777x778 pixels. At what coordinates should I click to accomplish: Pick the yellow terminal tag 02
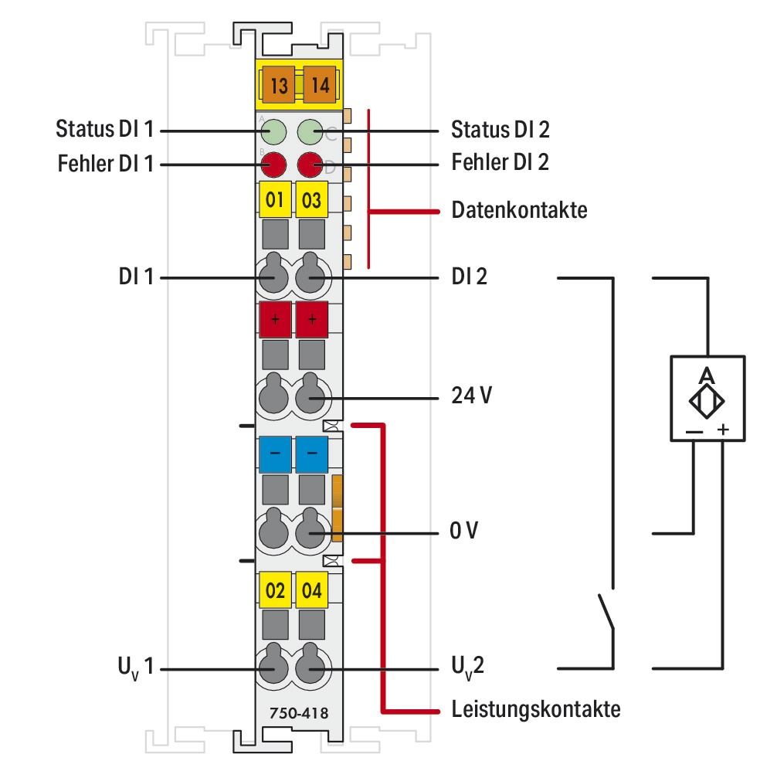(x=274, y=592)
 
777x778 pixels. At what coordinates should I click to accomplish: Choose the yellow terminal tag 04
(x=312, y=592)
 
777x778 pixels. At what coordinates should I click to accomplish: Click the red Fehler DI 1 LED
(x=273, y=164)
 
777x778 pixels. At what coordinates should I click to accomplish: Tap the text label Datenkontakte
(x=519, y=210)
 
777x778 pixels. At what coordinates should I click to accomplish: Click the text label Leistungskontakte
(x=535, y=709)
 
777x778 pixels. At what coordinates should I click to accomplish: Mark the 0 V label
(x=465, y=533)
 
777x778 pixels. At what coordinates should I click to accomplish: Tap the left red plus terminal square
(x=274, y=319)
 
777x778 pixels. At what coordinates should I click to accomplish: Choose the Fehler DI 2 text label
(x=500, y=164)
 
